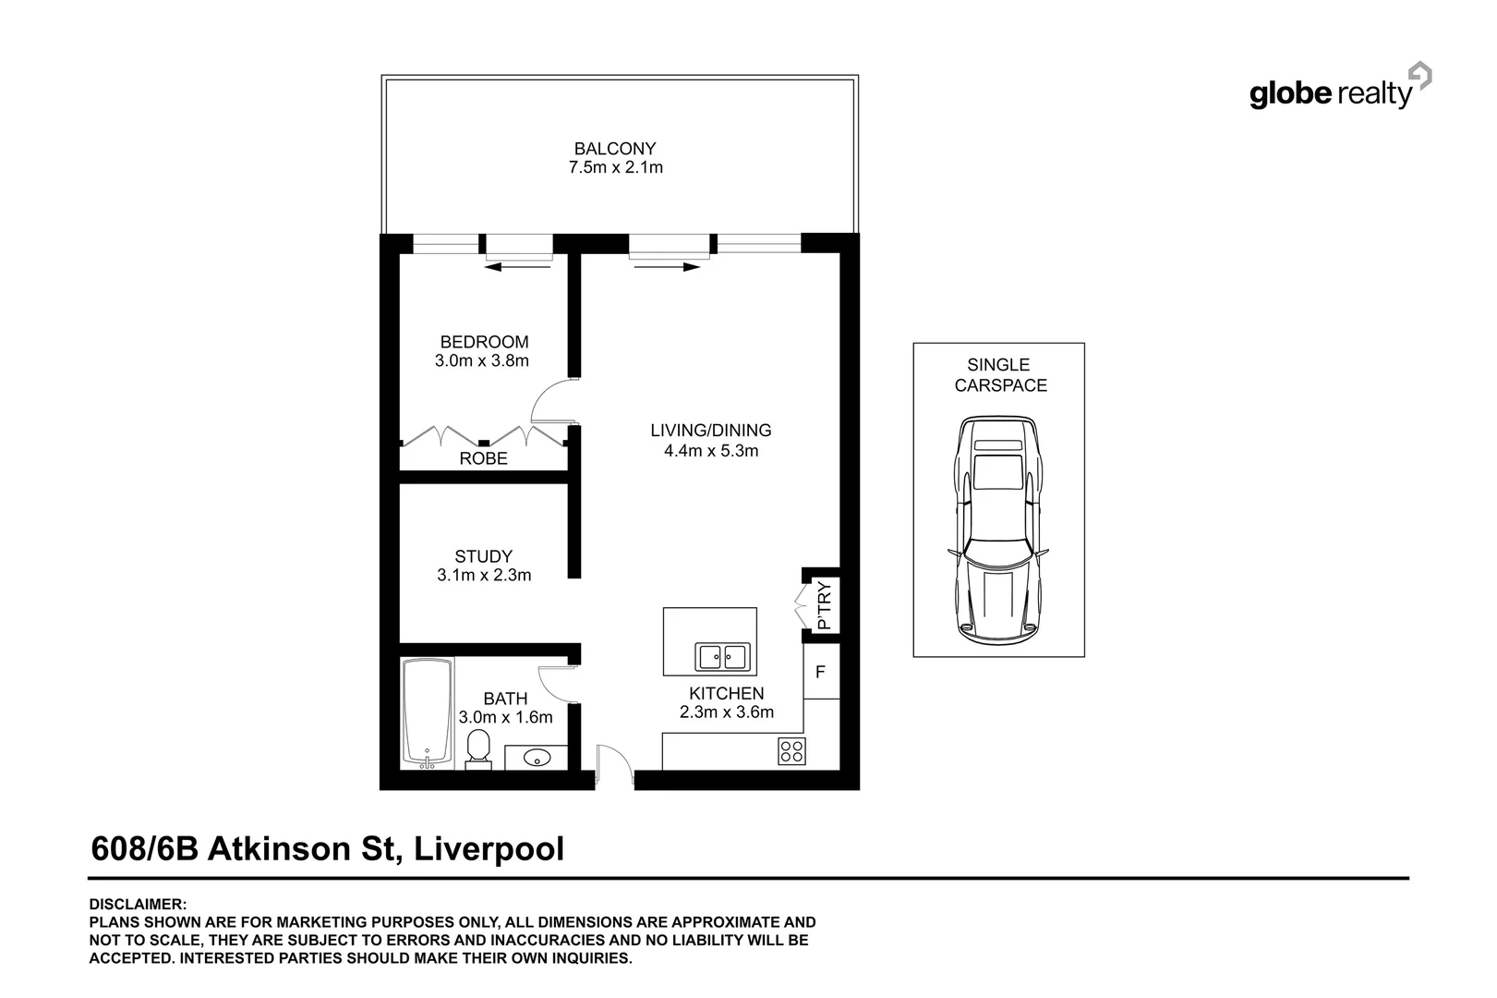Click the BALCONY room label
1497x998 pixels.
point(614,148)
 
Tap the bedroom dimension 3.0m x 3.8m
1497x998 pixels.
point(482,361)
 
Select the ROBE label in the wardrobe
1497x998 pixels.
point(483,458)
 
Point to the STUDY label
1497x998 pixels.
point(483,556)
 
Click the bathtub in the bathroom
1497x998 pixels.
point(428,712)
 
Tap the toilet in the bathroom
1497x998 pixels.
point(478,748)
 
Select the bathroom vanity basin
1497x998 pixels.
point(537,759)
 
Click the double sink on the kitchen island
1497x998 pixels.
point(723,657)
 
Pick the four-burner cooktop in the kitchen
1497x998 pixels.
point(791,750)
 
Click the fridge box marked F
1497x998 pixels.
point(820,671)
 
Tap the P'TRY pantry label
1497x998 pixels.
point(825,605)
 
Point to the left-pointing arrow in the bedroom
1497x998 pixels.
point(519,267)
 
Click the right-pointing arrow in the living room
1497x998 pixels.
point(666,267)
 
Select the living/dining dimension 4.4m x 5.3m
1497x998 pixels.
point(710,451)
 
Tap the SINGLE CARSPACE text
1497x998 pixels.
point(999,375)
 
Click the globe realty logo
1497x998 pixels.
point(1339,90)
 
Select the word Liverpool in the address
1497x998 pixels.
point(489,848)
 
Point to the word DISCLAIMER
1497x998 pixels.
point(138,905)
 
